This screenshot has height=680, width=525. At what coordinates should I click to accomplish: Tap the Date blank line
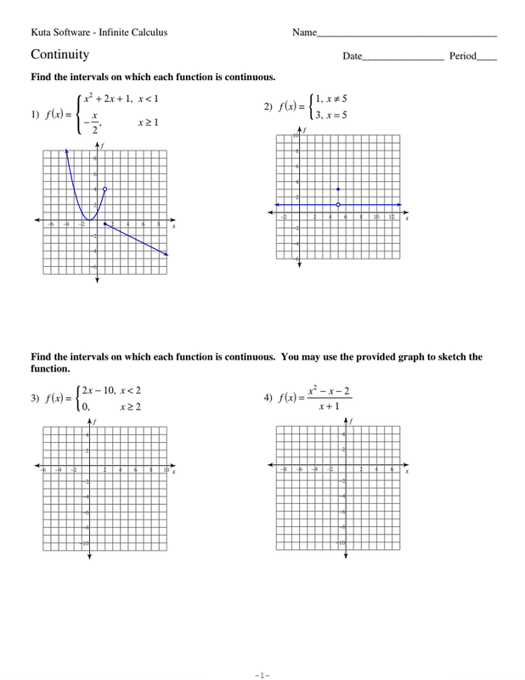[403, 60]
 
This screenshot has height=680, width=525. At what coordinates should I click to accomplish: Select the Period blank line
[488, 60]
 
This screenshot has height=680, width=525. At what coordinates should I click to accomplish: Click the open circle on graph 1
[104, 189]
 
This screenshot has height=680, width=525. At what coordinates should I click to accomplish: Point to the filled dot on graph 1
[104, 224]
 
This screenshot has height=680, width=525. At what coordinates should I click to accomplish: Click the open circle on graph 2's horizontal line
[338, 205]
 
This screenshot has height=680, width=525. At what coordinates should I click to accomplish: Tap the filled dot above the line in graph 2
[338, 189]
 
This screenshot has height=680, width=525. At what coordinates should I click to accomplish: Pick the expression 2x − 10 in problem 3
[97, 390]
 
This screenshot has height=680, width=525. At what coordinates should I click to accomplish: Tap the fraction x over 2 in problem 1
[96, 123]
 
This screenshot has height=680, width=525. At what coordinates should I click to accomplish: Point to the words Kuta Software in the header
[60, 32]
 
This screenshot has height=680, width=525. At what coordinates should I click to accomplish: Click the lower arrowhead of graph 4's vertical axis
[345, 557]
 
